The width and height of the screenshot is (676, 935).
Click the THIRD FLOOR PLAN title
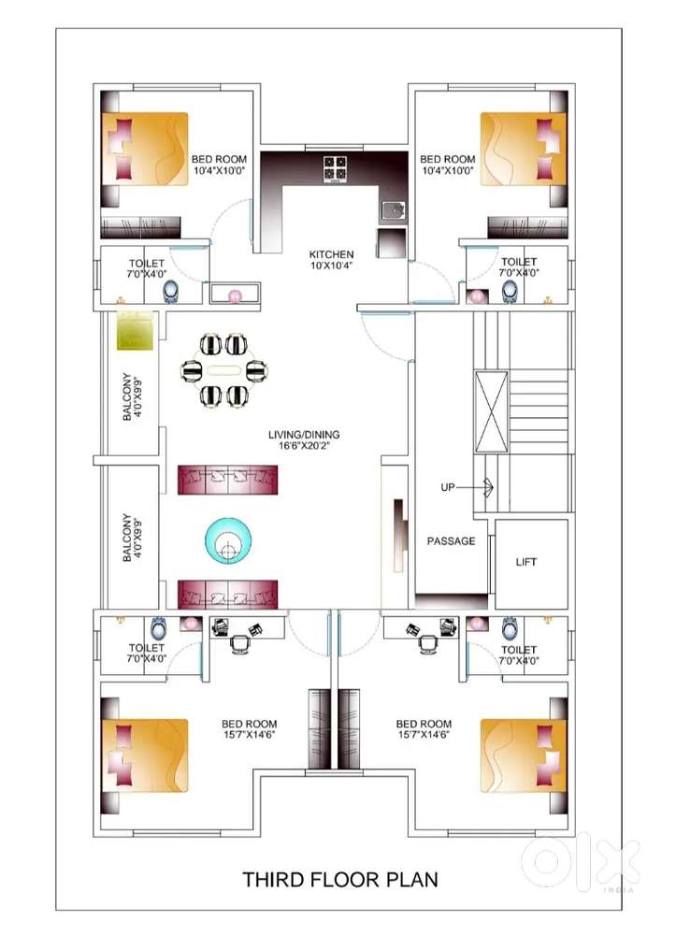(x=339, y=879)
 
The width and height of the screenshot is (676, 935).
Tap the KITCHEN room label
(x=331, y=254)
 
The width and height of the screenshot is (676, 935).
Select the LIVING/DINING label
(x=304, y=434)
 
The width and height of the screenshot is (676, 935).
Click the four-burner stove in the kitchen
(x=336, y=168)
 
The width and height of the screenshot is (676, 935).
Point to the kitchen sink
(x=394, y=209)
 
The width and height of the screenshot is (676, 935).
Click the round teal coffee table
(x=228, y=540)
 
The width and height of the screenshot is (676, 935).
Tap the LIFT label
(x=525, y=562)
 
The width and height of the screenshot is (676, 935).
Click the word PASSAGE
(x=452, y=540)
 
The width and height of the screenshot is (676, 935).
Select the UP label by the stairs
(x=448, y=487)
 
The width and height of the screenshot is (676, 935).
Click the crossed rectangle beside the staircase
(x=492, y=412)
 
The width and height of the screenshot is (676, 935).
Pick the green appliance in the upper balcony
(x=137, y=330)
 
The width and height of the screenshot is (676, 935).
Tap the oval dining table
(x=224, y=370)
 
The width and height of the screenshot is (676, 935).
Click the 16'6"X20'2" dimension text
(x=304, y=445)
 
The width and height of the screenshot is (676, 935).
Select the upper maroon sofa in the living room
(x=228, y=480)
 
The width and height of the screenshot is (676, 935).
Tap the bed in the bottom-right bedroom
(x=524, y=756)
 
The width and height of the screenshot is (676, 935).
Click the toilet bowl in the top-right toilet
(x=510, y=292)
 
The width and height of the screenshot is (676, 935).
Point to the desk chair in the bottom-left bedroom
(x=239, y=644)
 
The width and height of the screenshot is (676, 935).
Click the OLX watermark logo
(x=581, y=862)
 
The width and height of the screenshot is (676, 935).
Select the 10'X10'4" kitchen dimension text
(x=331, y=265)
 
